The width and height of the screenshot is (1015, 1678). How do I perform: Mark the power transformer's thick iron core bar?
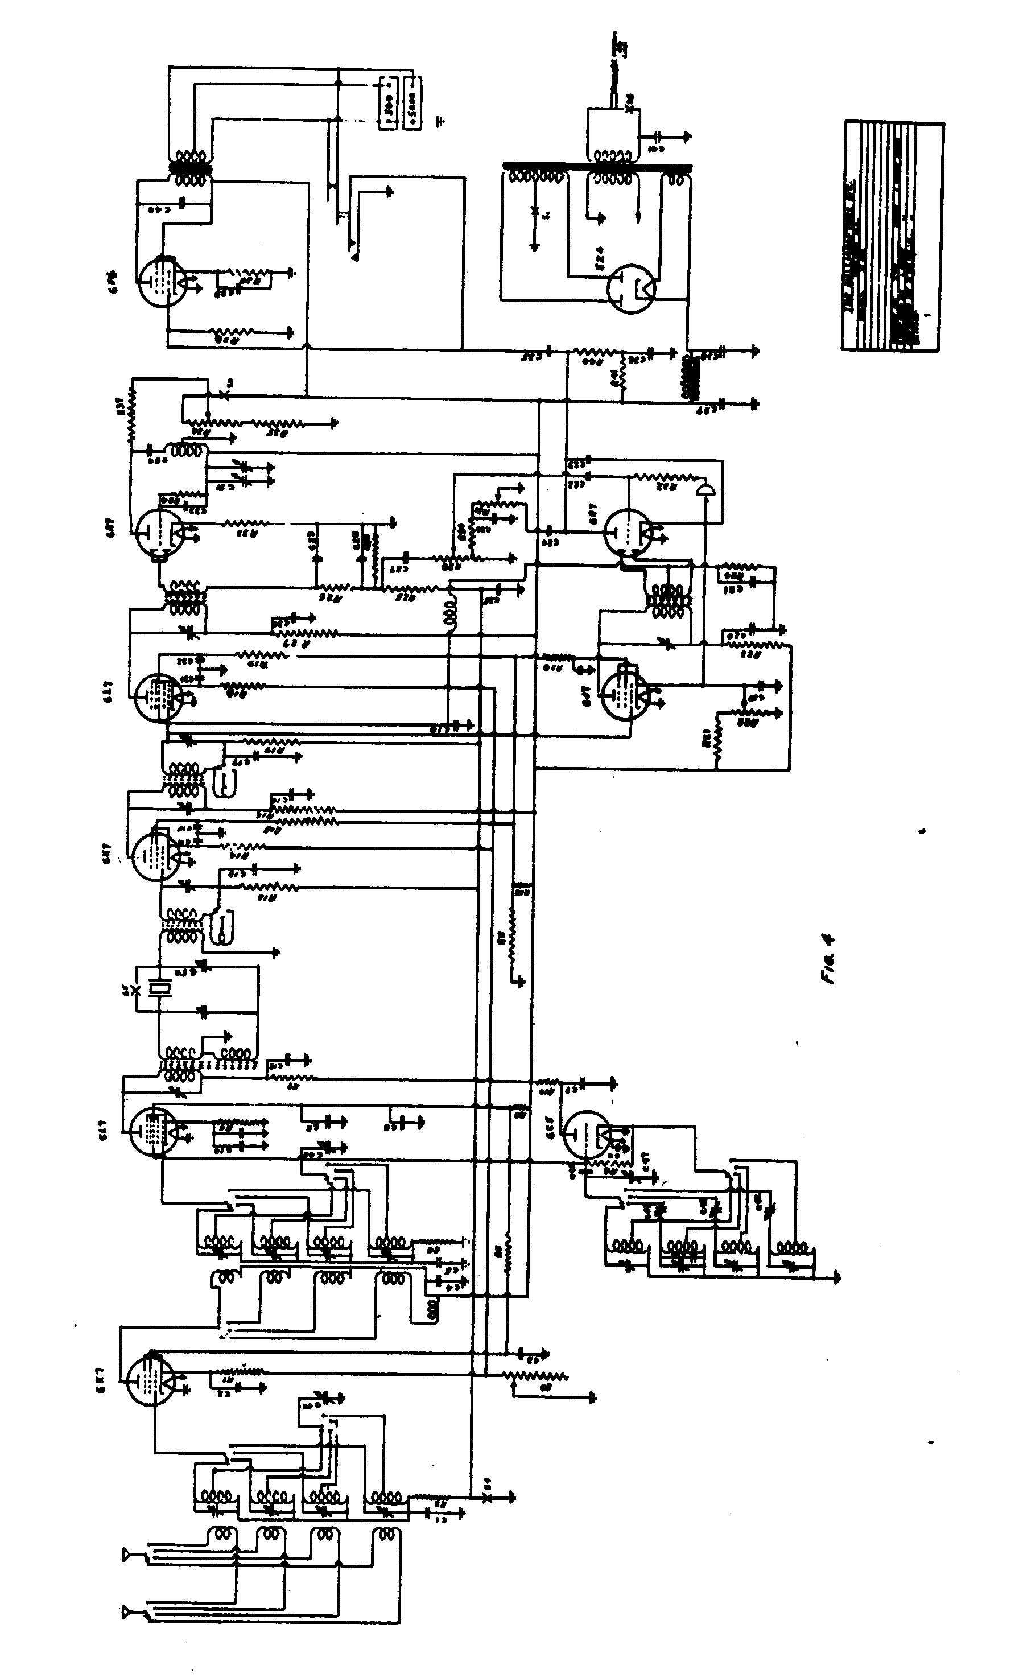coord(597,167)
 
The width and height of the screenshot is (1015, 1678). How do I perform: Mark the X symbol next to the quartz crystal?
coord(137,989)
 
